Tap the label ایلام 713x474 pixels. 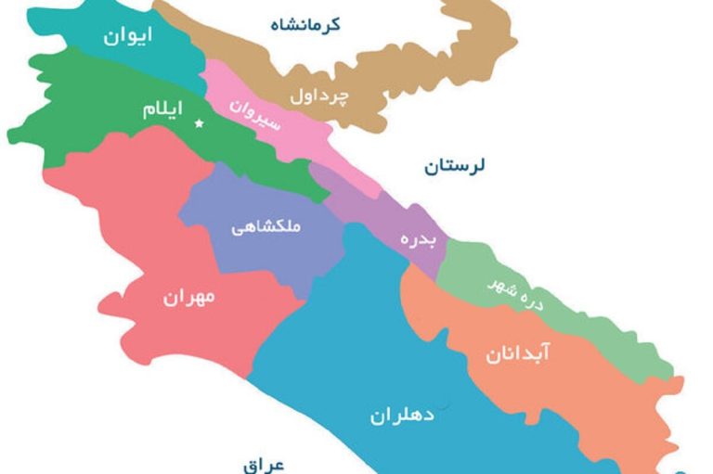162,109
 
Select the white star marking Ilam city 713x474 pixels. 198,123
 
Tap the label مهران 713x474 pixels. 188,298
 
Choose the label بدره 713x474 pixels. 412,238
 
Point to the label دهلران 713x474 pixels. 402,415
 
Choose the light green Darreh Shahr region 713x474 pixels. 594,325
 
